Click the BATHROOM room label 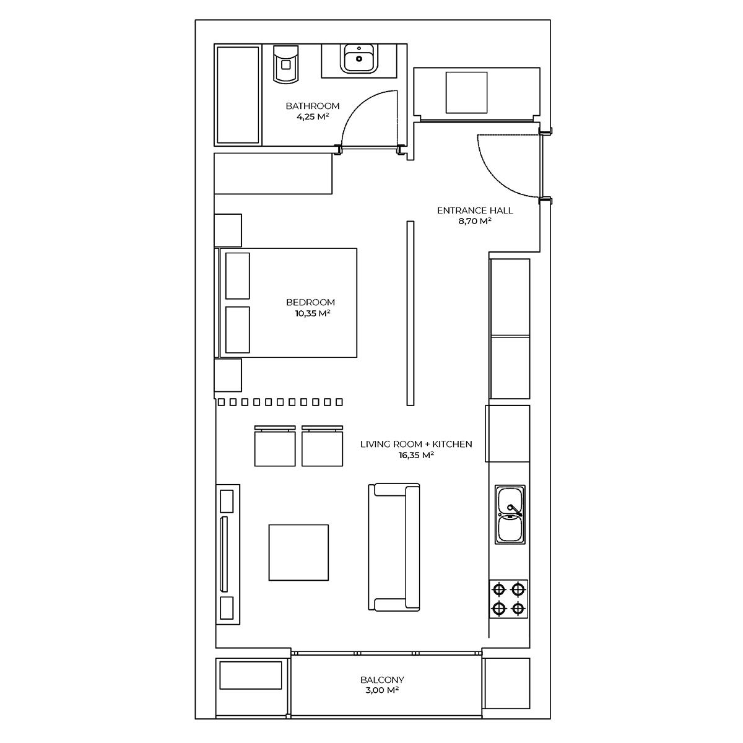tap(312, 106)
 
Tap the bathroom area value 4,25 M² tap(312, 116)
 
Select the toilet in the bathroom tap(285, 64)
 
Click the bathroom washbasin tap(359, 58)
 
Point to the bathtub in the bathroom tap(238, 95)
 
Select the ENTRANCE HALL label tap(475, 211)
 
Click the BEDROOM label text tap(310, 302)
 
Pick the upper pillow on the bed tap(238, 276)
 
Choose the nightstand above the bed tap(228, 230)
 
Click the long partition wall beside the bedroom tap(411, 313)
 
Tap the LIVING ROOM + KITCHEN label tap(416, 444)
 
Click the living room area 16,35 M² tap(416, 455)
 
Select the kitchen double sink tap(510, 515)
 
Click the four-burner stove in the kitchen tap(508, 599)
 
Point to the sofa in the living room tap(394, 547)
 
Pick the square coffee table tap(299, 552)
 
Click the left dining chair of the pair tap(275, 446)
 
